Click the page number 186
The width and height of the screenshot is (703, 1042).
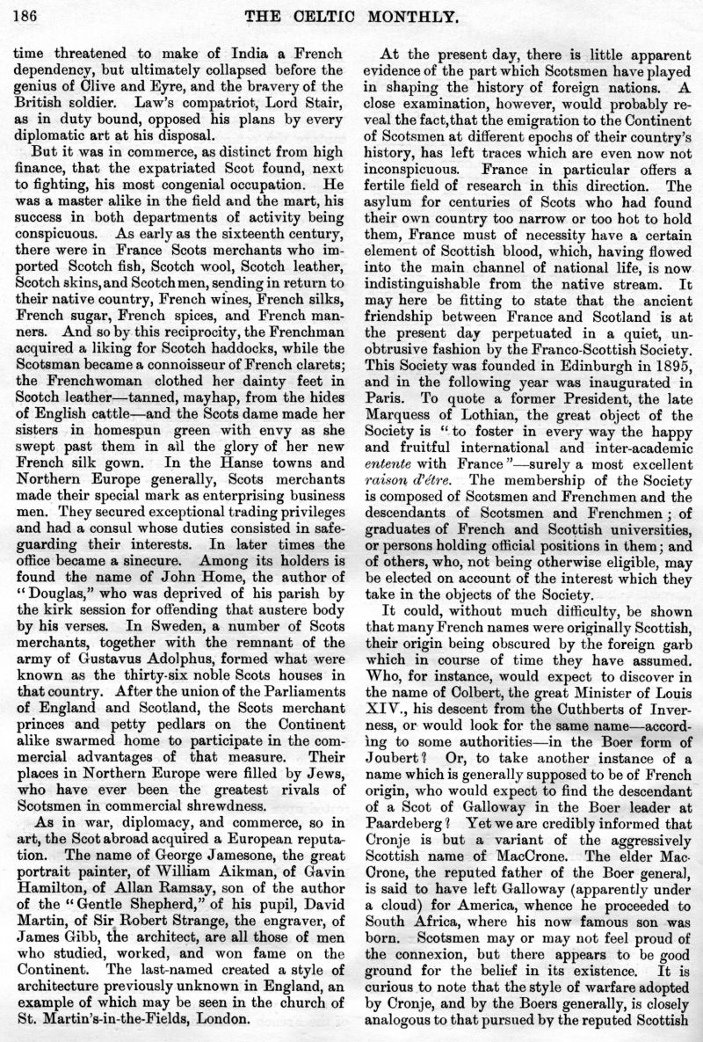(24, 14)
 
